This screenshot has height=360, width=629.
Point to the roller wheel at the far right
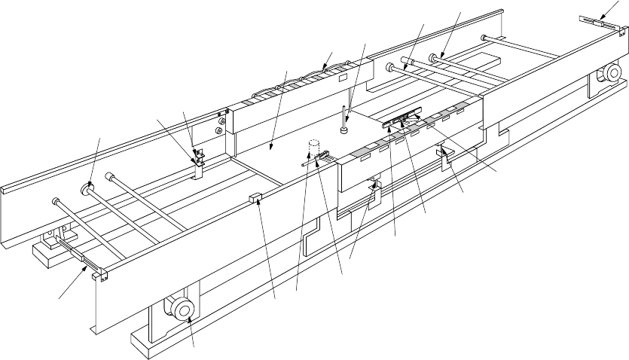click(x=609, y=73)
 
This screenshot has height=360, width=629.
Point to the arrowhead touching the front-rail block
click(x=258, y=204)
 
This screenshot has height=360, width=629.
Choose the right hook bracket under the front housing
click(x=444, y=156)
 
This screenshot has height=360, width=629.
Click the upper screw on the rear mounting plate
click(x=221, y=115)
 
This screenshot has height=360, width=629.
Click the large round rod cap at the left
click(x=88, y=186)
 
